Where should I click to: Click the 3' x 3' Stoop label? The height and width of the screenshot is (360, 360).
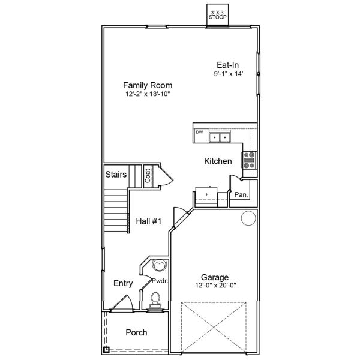click(218, 15)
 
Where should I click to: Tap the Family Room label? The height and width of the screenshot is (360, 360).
click(148, 85)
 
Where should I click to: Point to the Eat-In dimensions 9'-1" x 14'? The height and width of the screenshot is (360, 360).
click(229, 74)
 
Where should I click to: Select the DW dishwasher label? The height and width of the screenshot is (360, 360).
click(199, 132)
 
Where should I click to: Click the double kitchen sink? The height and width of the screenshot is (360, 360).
click(220, 137)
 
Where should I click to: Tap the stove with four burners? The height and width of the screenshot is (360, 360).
click(250, 160)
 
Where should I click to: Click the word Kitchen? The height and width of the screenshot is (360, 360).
click(218, 161)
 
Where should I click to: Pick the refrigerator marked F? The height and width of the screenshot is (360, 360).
click(206, 197)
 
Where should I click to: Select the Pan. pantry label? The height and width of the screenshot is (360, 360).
click(241, 195)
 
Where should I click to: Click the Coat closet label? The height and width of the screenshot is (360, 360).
click(148, 176)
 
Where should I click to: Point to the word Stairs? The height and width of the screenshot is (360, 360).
click(116, 175)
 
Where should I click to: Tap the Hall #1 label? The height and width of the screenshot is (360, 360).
click(149, 221)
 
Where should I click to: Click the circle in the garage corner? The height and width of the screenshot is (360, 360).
click(248, 218)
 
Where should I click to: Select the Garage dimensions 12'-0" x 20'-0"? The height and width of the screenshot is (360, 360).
click(215, 286)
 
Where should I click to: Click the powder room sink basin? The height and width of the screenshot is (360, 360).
click(158, 266)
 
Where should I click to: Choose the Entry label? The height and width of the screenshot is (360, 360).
click(123, 283)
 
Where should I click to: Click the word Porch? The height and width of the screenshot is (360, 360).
click(136, 332)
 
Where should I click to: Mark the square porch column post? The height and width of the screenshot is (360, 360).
click(106, 350)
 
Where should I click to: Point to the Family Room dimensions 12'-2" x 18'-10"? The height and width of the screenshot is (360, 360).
click(148, 94)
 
